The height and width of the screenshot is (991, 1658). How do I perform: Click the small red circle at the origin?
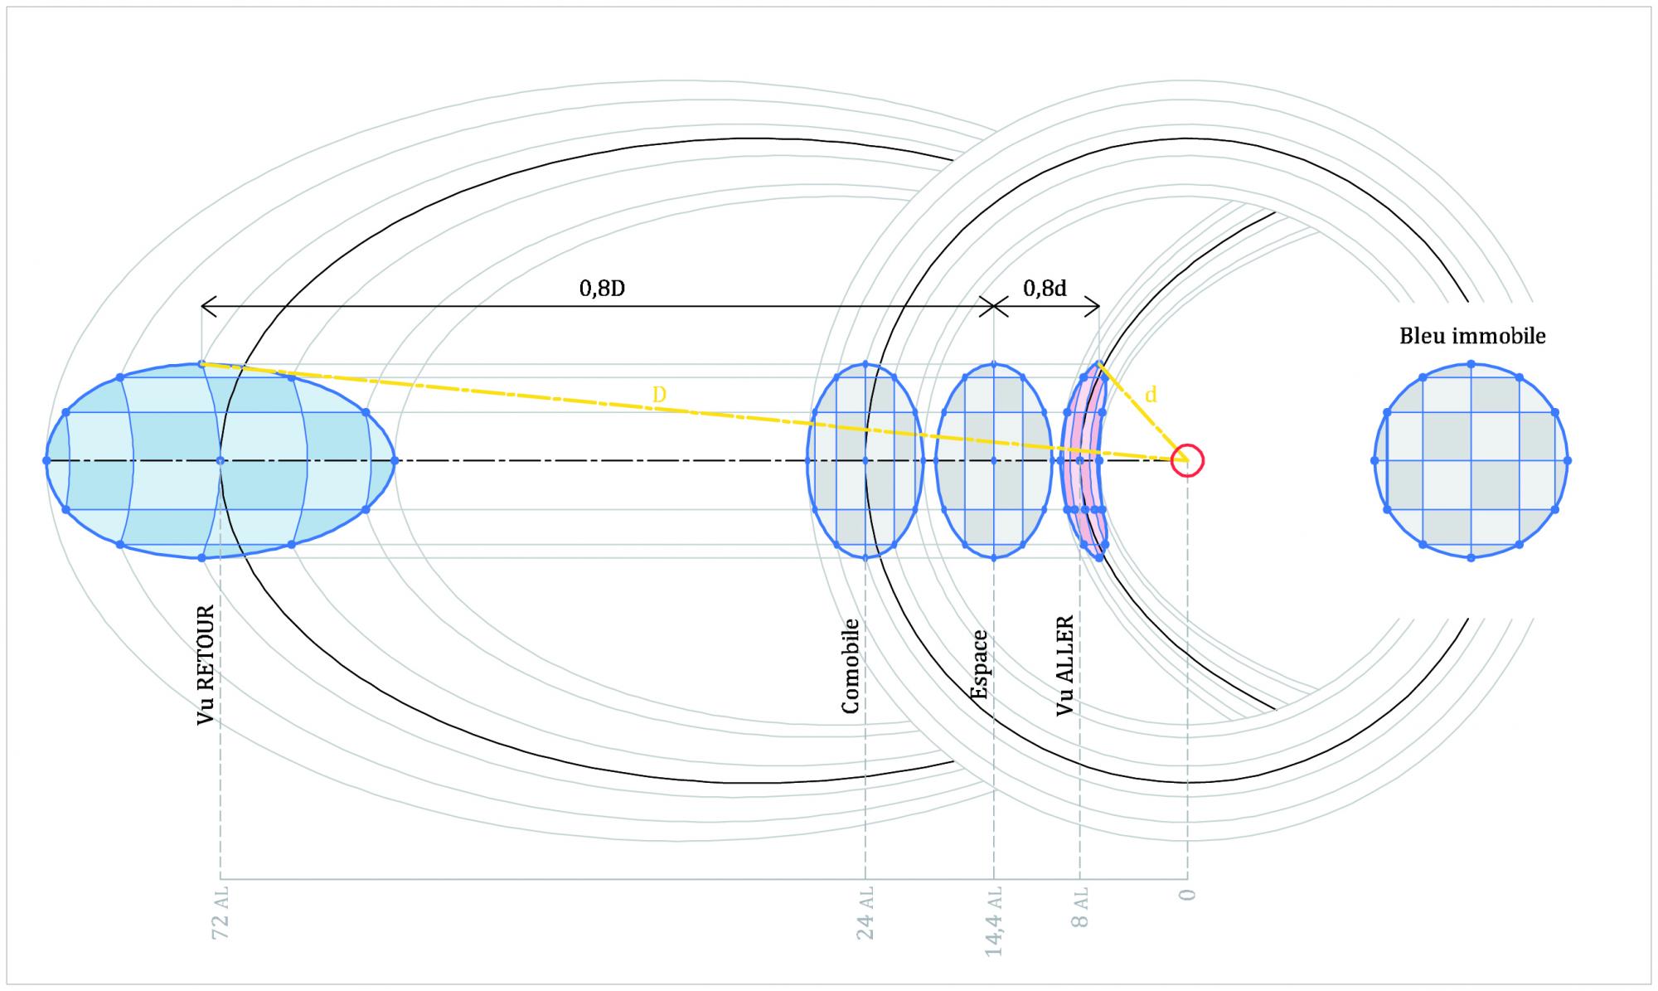1187,460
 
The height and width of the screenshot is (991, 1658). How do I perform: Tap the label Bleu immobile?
1472,336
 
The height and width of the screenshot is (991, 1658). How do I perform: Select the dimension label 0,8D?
601,289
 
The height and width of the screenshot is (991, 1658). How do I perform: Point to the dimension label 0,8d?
1045,289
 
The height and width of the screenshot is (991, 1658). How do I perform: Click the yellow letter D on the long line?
659,395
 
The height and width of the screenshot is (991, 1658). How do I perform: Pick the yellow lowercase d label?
1151,395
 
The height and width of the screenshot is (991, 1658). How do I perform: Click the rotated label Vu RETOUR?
206,665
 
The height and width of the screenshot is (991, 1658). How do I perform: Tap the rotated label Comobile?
850,666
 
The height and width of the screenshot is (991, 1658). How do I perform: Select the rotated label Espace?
979,664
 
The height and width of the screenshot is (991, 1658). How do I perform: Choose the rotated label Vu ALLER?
1065,665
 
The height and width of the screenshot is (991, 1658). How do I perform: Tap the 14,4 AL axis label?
994,921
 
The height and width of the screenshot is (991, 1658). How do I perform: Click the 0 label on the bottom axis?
1187,896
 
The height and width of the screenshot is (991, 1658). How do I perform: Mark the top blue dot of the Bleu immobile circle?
1471,364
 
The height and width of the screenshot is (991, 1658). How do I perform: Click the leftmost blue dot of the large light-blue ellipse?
46,460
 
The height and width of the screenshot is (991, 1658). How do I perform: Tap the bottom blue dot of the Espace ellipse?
994,557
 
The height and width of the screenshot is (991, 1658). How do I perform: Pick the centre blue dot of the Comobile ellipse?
865,460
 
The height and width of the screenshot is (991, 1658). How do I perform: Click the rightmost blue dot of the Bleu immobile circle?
1568,460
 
